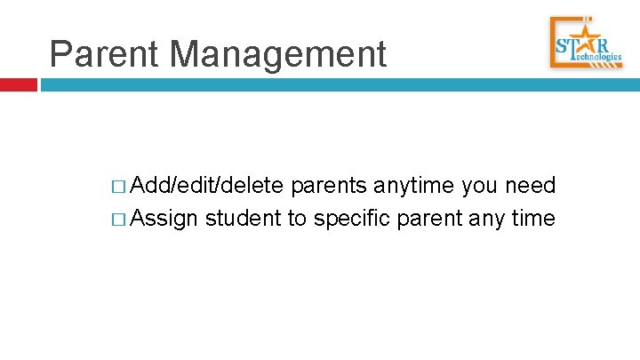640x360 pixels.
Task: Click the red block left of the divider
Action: tap(18, 85)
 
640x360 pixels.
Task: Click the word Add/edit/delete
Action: tap(207, 187)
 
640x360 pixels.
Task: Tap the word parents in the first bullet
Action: tap(329, 187)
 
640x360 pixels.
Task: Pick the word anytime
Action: tap(414, 187)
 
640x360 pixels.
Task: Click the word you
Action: tap(481, 187)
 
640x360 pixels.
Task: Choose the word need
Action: tap(531, 187)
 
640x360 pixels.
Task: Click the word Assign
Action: tap(164, 219)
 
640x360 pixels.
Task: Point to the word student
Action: tap(243, 218)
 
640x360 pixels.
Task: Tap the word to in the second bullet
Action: tap(296, 218)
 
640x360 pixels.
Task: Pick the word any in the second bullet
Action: tap(490, 219)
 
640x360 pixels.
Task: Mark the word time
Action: tap(535, 218)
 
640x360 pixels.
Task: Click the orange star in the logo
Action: tap(585, 44)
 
